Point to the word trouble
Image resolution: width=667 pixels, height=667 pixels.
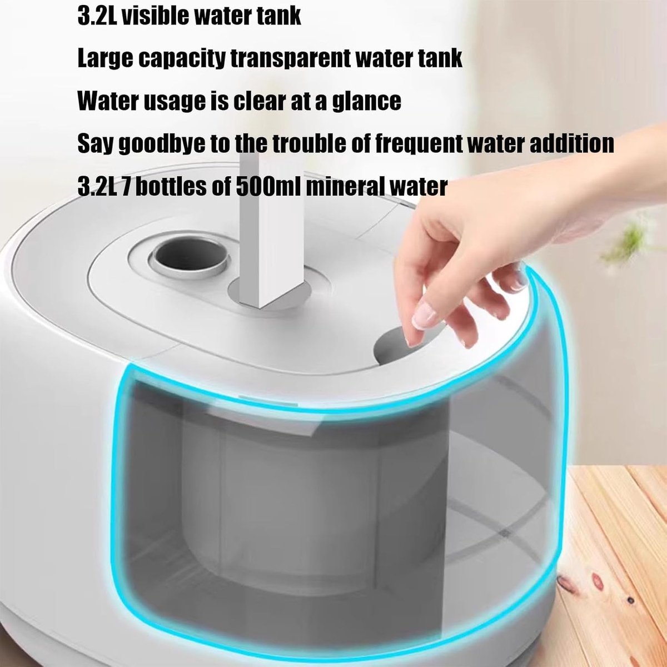tap(309, 143)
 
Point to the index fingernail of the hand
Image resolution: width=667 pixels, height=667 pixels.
tap(425, 316)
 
